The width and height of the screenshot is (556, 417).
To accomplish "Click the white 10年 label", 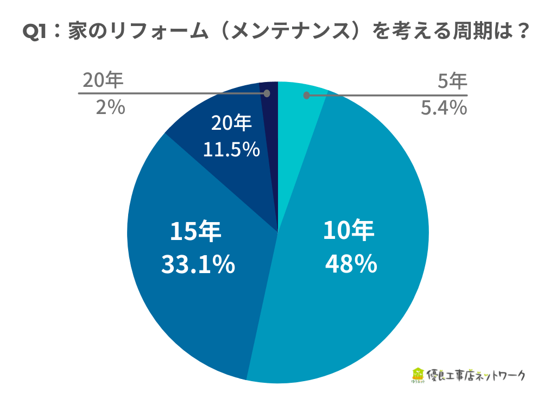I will point(349,231).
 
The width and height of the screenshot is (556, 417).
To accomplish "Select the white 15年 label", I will point(196,232).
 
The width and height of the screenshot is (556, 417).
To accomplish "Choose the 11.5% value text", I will point(231,149).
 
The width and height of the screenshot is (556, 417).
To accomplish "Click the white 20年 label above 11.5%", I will point(232,124).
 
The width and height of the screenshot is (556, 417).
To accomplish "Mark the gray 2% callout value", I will point(110,108).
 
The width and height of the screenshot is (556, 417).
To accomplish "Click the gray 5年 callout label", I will point(452,81).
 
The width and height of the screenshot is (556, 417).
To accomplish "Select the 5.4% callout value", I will point(444,108).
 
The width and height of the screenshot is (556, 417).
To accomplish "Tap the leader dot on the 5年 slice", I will point(307,96).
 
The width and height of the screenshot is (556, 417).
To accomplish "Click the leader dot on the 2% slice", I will point(267,93).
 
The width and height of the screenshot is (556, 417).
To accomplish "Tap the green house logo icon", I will point(418,374).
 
